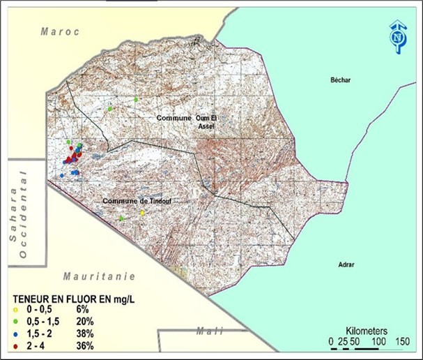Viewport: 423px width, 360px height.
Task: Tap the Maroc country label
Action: (x=61, y=31)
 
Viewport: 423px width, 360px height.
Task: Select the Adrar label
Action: (x=345, y=265)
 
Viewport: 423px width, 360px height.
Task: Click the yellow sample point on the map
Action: (x=143, y=213)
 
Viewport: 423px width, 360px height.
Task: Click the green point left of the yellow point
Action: (x=121, y=218)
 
